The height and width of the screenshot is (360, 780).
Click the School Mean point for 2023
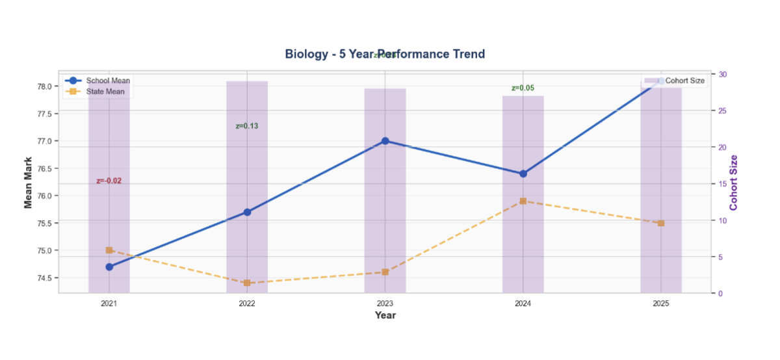click(385, 141)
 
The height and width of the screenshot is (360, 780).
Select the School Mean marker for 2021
click(109, 266)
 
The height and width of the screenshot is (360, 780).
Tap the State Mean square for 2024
click(523, 201)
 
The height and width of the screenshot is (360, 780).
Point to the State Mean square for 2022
click(247, 283)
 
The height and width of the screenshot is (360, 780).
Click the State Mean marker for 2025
click(661, 223)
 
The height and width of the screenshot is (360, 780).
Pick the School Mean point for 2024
click(523, 174)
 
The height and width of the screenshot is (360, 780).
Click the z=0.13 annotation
click(247, 126)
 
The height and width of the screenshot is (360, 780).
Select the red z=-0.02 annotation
click(109, 181)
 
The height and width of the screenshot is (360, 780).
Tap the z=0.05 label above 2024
click(523, 88)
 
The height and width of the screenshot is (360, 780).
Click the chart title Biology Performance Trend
click(385, 54)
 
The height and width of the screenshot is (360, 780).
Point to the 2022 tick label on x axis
click(247, 303)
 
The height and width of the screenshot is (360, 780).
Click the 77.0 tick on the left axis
click(44, 141)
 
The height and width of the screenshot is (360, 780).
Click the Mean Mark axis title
click(29, 183)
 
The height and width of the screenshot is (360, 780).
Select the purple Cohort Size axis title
click(734, 183)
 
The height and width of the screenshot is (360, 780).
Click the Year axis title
click(385, 315)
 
